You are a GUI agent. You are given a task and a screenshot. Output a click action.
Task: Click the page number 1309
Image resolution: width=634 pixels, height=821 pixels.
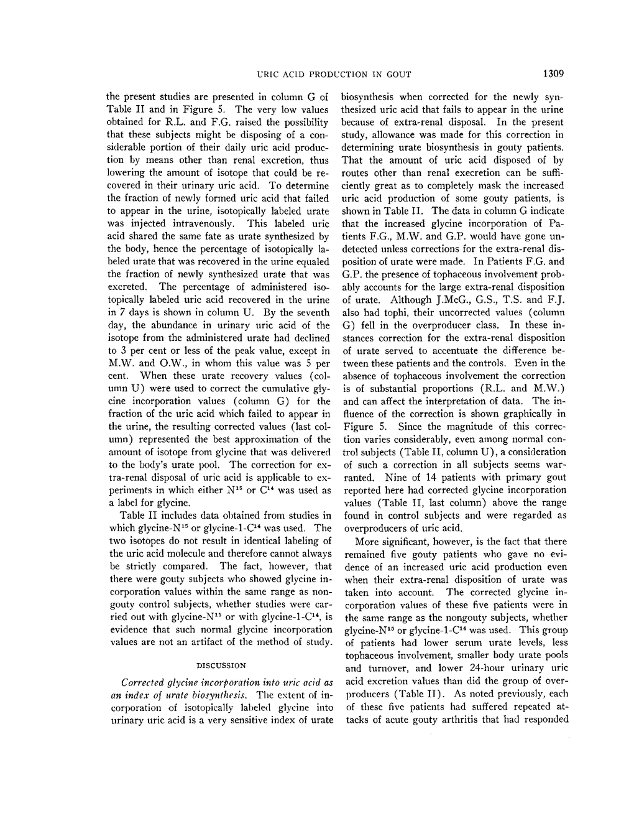(552, 75)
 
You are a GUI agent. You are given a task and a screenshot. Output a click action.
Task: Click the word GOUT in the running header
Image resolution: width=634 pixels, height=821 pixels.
(398, 75)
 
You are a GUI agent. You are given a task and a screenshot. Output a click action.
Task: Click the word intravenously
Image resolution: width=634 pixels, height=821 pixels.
(200, 223)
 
